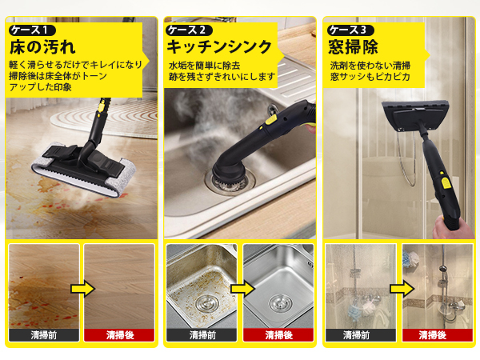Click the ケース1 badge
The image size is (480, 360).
click(32, 30)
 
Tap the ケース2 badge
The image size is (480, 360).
click(189, 30)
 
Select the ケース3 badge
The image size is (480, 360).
click(350, 30)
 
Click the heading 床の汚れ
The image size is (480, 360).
click(42, 47)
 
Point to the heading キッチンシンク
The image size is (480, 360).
click(219, 47)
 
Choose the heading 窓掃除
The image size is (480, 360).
click(354, 47)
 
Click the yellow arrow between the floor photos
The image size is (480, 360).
click(82, 288)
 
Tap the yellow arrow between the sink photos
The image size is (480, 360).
click(242, 288)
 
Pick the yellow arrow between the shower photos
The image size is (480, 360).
click(402, 288)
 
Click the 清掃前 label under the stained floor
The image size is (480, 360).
click(44, 335)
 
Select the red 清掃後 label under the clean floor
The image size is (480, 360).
click(120, 335)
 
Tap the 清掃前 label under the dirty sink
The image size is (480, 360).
click(202, 335)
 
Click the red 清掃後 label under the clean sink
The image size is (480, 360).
click(278, 335)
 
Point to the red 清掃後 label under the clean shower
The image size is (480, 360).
click(438, 335)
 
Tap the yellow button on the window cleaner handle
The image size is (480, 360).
click(446, 183)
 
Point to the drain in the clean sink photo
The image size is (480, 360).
click(280, 302)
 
